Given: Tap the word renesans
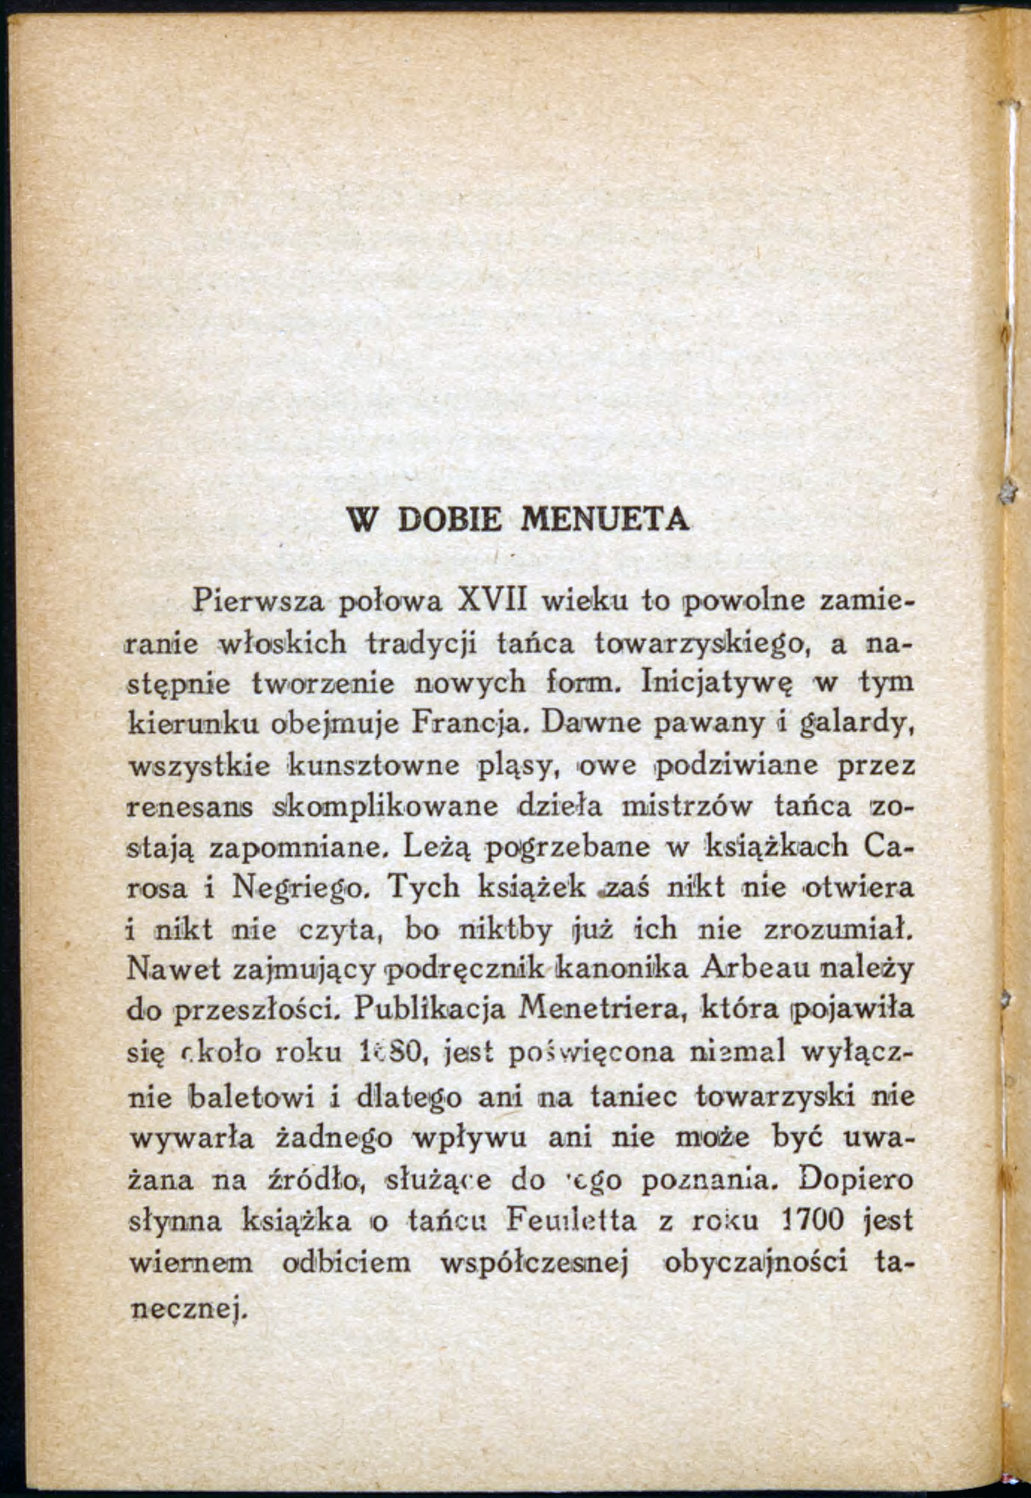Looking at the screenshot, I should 191,806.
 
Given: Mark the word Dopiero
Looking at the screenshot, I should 856,1180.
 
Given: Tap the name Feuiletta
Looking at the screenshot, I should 572,1221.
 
